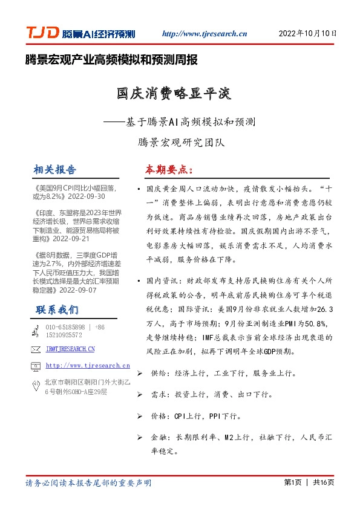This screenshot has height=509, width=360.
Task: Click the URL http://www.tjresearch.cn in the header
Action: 205,34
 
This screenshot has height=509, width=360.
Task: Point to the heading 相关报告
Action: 55,169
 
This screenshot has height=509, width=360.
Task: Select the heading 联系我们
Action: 57,310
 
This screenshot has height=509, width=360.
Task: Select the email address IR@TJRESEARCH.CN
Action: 70,349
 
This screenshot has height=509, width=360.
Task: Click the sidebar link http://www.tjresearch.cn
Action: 88,365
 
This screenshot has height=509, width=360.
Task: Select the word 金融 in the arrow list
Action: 159,436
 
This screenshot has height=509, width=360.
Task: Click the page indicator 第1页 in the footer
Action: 292,482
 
